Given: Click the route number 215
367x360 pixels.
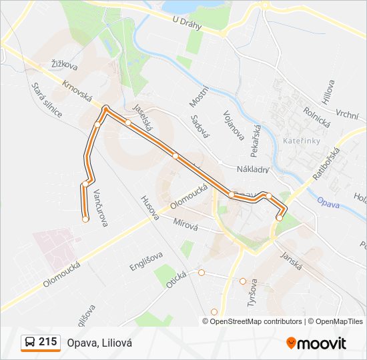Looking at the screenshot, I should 47,342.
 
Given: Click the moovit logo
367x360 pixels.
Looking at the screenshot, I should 316,343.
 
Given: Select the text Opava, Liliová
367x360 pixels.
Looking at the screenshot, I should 99,343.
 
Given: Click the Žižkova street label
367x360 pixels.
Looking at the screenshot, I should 64,65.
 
